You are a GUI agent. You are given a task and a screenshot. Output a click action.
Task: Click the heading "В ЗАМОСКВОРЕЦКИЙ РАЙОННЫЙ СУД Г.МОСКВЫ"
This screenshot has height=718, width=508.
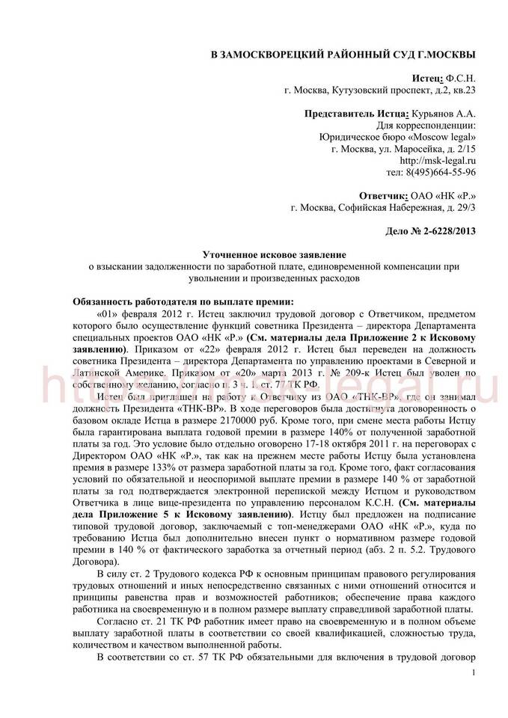tap(343, 56)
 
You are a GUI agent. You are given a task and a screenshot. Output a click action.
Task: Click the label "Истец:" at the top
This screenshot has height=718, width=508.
tap(427, 78)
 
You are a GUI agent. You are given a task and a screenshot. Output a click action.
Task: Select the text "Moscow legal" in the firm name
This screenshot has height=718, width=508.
tap(442, 137)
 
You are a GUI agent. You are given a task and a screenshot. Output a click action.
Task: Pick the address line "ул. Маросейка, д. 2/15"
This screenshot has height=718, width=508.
tap(419, 148)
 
